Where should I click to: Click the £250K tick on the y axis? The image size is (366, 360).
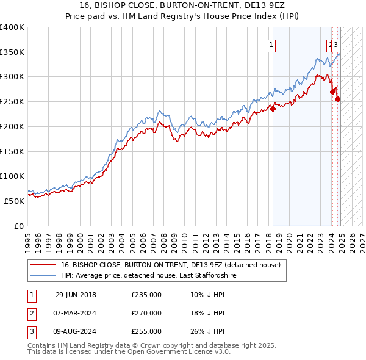tap(12, 101)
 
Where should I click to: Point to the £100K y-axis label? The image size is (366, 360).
tap(12, 176)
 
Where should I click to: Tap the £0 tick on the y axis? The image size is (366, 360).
tap(20, 226)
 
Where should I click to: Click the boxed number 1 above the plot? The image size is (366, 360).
tap(270, 44)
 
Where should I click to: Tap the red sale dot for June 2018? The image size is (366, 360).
tap(273, 109)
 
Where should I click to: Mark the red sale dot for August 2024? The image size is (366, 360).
tap(338, 99)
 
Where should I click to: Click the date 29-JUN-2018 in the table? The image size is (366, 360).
tap(76, 295)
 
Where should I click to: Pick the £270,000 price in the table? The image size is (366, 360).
tap(146, 313)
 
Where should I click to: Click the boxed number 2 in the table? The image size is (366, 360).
tap(30, 313)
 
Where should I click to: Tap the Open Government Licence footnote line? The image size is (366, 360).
tap(129, 352)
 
